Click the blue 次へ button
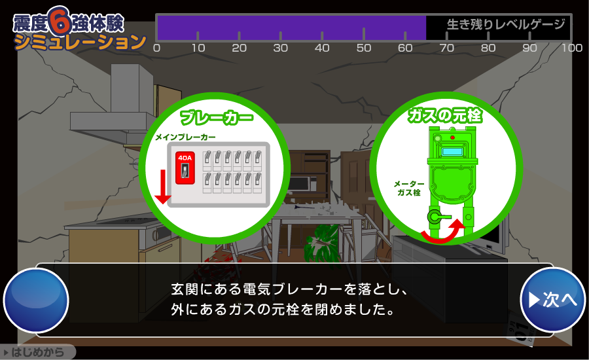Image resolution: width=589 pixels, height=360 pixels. [x=553, y=300]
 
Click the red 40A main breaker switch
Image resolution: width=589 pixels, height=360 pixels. [x=185, y=168]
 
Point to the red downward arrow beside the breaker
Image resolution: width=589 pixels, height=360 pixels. [x=163, y=187]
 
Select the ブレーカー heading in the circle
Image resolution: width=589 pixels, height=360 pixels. [x=217, y=118]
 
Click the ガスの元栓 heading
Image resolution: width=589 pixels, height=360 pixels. [x=445, y=115]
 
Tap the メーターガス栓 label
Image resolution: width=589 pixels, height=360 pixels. [x=409, y=189]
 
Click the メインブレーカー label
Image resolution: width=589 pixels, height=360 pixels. [x=186, y=137]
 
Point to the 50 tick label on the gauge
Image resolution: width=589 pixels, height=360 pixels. [x=364, y=48]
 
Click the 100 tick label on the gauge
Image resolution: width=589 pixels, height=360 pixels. [x=572, y=48]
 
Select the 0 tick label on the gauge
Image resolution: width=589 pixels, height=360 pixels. [x=157, y=48]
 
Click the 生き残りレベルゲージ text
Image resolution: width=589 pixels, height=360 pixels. [x=506, y=24]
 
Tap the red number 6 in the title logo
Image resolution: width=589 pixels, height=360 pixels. [x=60, y=21]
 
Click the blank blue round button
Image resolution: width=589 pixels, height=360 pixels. [x=36, y=300]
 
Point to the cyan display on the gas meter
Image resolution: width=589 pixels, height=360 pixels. [x=452, y=152]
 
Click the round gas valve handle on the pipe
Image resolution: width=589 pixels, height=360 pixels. [x=435, y=217]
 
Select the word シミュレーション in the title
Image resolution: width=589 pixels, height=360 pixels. [x=80, y=42]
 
